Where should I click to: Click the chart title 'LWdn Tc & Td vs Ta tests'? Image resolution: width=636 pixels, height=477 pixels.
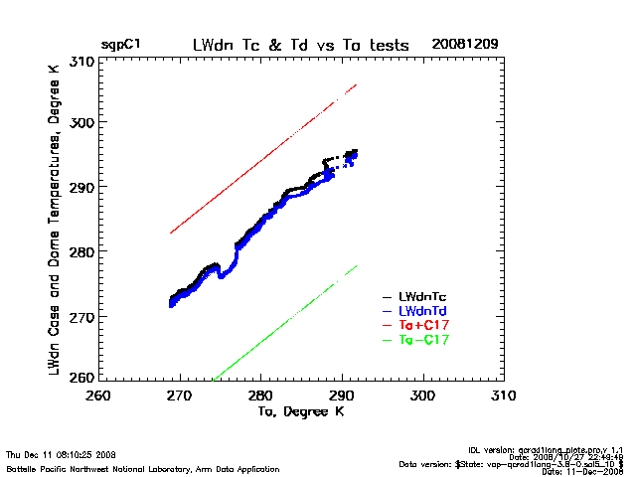point(295,46)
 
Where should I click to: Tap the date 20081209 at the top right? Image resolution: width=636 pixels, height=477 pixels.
point(465,46)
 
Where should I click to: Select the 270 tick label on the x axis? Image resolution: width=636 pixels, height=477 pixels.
point(179,396)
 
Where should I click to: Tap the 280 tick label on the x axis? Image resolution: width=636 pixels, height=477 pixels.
point(260,396)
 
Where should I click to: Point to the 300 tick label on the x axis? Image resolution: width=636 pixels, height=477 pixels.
point(423,396)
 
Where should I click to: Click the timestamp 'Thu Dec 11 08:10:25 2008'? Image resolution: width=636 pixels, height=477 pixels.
point(62,454)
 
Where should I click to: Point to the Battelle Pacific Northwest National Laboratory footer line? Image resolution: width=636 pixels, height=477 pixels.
point(116,467)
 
